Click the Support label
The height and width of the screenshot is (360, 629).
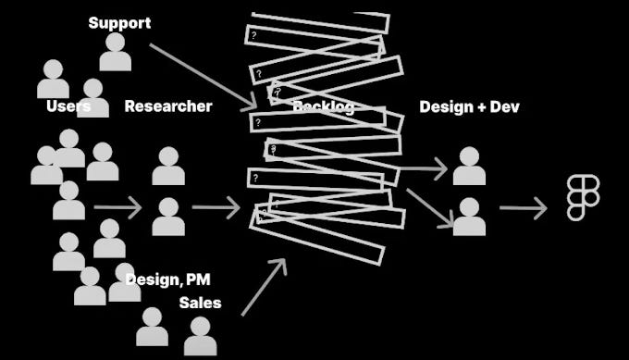[119, 22]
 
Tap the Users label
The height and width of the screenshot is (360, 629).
[68, 106]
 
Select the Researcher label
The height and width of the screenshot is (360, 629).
[168, 106]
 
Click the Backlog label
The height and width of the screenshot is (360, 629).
[323, 106]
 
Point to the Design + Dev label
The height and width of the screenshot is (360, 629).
[470, 106]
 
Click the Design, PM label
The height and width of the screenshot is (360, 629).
[167, 278]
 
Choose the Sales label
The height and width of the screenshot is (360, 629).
[201, 303]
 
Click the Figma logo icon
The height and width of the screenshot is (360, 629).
[583, 198]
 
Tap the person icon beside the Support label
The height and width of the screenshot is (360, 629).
[116, 53]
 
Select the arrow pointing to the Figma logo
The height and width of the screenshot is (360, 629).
[524, 207]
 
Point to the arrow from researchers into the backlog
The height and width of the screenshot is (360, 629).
[216, 207]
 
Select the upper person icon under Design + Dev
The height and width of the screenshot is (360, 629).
[469, 167]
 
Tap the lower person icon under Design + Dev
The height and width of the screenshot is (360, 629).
[469, 217]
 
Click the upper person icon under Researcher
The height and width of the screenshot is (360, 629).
[168, 167]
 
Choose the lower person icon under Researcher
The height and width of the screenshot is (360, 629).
[168, 217]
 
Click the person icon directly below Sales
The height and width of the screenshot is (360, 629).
[200, 336]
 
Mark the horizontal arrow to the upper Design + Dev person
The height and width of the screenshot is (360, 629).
[425, 169]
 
